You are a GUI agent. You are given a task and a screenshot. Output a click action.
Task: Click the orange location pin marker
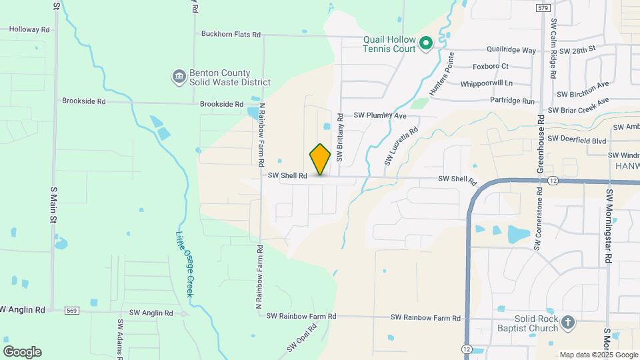[x=321, y=159]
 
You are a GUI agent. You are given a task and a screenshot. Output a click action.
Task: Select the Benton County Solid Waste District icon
[x=179, y=77]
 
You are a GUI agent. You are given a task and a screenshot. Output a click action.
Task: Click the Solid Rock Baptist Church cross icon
[x=567, y=323]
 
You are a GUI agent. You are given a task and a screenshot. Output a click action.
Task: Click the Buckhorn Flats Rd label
[x=231, y=34]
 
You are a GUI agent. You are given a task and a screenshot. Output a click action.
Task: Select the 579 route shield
[x=542, y=8]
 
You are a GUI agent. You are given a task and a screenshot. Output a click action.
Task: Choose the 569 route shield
[x=73, y=311]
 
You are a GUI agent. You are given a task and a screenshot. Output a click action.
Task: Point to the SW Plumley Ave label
[x=380, y=115]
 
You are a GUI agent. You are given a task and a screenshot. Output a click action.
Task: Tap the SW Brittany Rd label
[x=339, y=138]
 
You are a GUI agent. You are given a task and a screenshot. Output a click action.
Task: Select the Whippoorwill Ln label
[x=487, y=83]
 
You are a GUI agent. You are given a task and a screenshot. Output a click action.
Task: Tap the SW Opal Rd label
[x=301, y=339]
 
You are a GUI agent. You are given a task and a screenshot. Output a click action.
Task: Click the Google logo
[x=22, y=351]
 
